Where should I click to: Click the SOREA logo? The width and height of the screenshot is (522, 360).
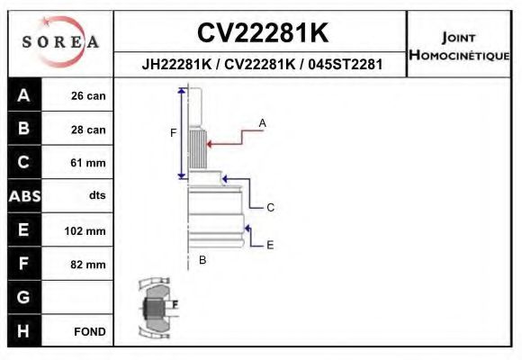(x=60, y=42)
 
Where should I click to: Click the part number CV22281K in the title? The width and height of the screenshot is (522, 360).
(x=262, y=33)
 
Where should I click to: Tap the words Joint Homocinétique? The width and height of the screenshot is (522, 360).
(x=459, y=46)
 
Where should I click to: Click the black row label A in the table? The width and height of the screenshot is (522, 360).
(x=23, y=95)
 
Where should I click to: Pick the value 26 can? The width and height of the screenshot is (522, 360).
(x=88, y=96)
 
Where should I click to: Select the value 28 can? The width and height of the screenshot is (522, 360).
(x=88, y=130)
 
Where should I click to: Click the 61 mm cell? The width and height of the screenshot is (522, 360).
(x=88, y=163)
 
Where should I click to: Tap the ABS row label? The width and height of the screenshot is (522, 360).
(x=23, y=196)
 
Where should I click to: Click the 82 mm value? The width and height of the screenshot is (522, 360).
(x=88, y=265)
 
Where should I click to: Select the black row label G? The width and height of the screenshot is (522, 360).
(x=23, y=297)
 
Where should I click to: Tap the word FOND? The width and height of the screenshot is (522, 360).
(x=89, y=331)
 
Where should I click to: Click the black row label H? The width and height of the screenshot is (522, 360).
(x=23, y=330)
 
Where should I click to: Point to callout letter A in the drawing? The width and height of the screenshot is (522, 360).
(x=263, y=121)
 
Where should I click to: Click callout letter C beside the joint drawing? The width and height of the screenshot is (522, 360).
(x=270, y=207)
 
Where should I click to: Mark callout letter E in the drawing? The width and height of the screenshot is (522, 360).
(x=270, y=244)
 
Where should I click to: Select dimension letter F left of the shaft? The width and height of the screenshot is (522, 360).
(x=174, y=133)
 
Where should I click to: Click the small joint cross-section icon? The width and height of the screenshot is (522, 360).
(x=155, y=309)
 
